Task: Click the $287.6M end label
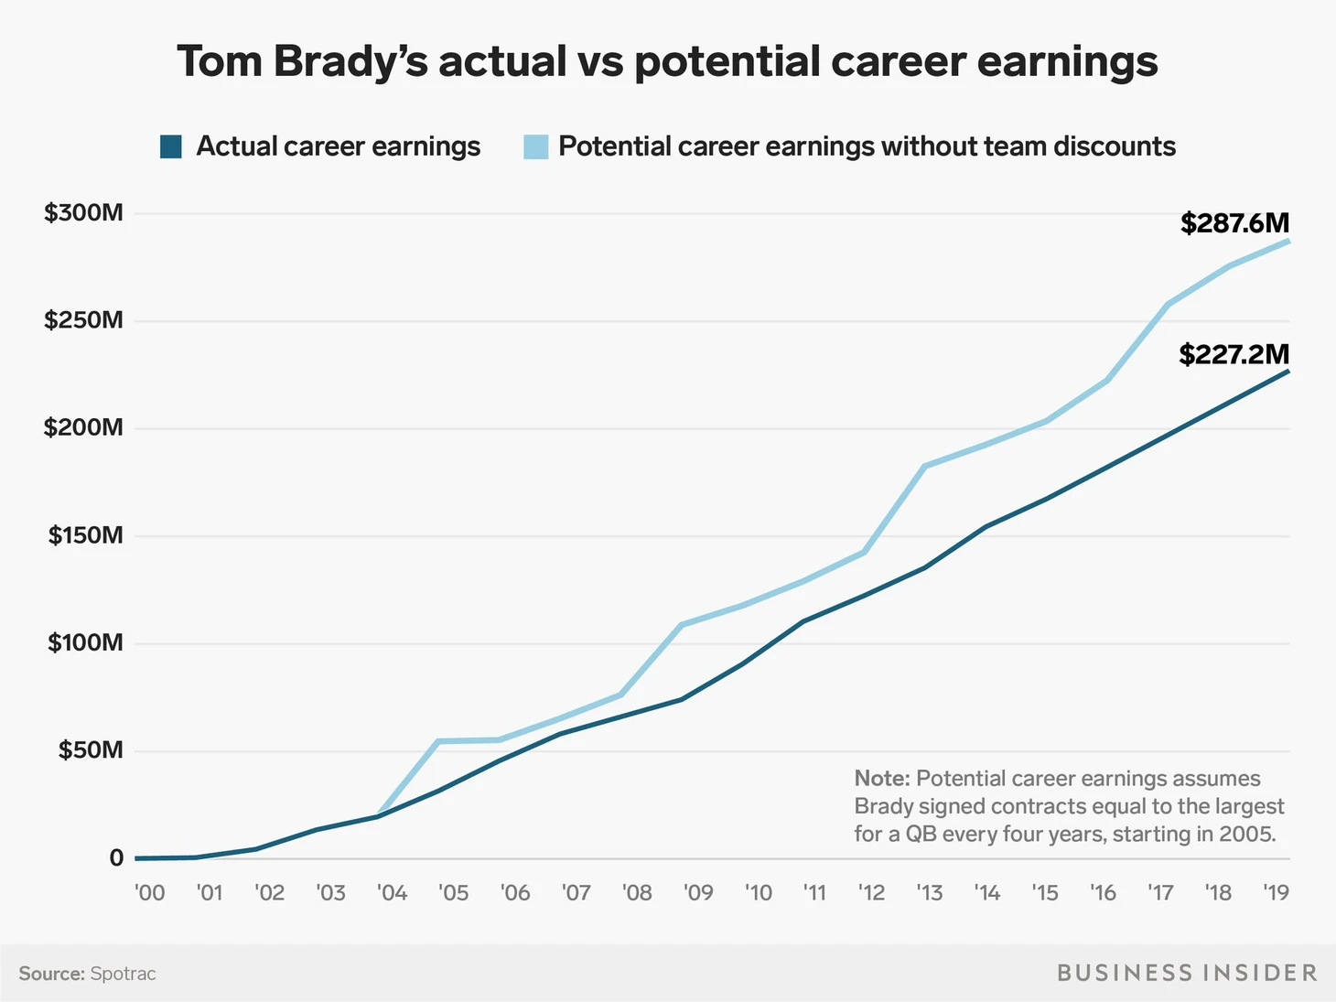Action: pyautogui.click(x=1234, y=223)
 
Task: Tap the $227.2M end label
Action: pyautogui.click(x=1234, y=354)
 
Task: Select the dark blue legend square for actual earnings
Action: pyautogui.click(x=171, y=146)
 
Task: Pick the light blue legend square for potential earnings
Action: pyautogui.click(x=535, y=146)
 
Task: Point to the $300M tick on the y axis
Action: pyautogui.click(x=83, y=213)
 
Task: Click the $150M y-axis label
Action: pyautogui.click(x=85, y=535)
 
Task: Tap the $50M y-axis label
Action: pyautogui.click(x=90, y=750)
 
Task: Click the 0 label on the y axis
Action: pyautogui.click(x=116, y=858)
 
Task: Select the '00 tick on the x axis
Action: pyautogui.click(x=149, y=892)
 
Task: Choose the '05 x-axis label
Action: pyautogui.click(x=453, y=892)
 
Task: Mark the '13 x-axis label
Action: pyautogui.click(x=929, y=892)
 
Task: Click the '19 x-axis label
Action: pyautogui.click(x=1275, y=892)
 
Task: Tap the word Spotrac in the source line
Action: pyautogui.click(x=123, y=974)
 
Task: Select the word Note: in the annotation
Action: pyautogui.click(x=881, y=779)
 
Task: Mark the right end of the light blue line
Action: pyautogui.click(x=1288, y=241)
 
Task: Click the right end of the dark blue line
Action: pyautogui.click(x=1288, y=371)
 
